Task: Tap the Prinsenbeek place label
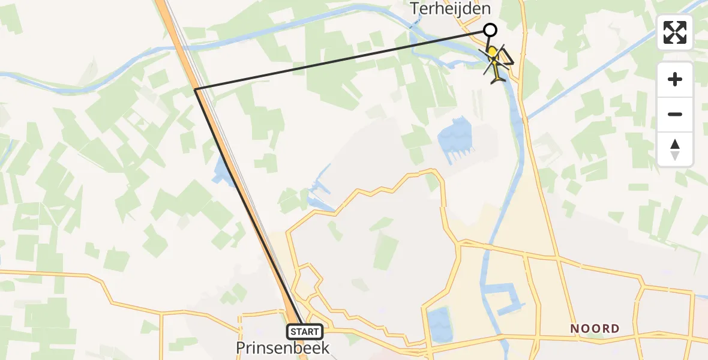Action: [283, 348]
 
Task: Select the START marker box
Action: [305, 331]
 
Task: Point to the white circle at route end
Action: [490, 30]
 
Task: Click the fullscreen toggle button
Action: [675, 32]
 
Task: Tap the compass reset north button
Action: [675, 149]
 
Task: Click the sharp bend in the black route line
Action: [196, 89]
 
